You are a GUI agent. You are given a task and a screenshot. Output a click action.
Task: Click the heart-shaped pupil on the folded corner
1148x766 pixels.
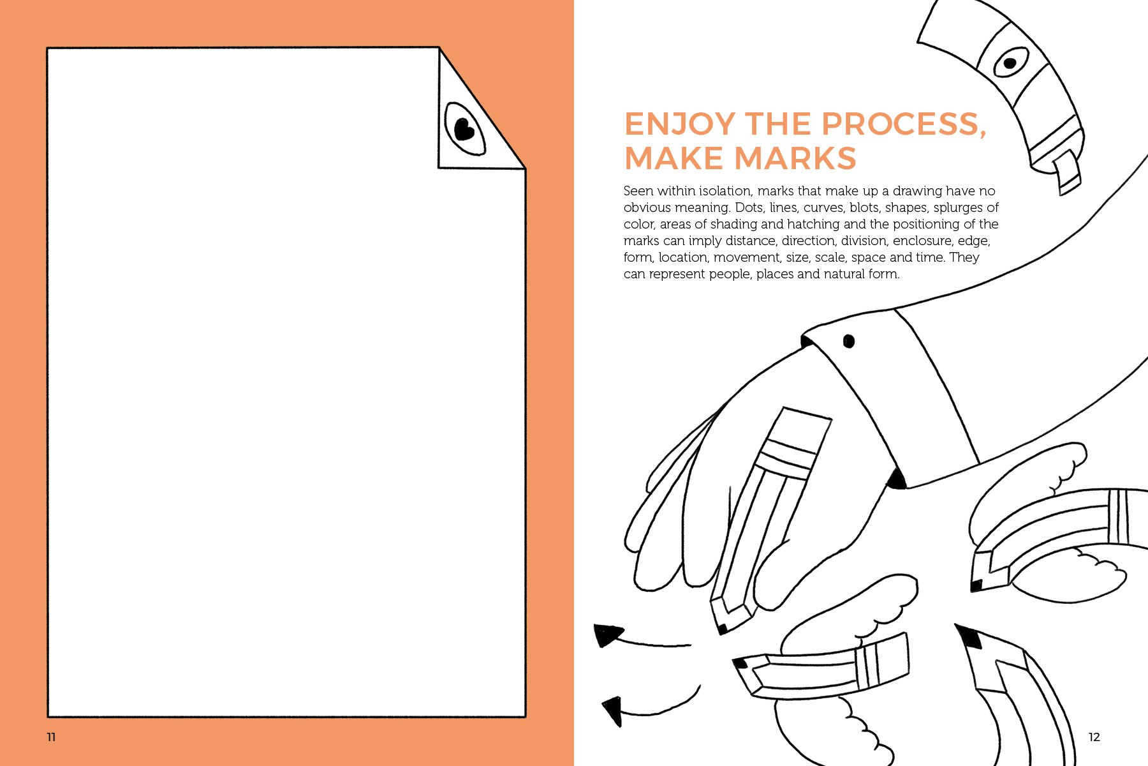pos(464,130)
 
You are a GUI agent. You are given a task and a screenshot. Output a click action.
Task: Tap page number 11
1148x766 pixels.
pos(52,737)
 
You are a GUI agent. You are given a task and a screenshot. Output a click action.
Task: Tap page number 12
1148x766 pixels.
pos(1094,737)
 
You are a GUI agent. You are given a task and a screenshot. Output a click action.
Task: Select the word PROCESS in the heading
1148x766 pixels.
pos(903,124)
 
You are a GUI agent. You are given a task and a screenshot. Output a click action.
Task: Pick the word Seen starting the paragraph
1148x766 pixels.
pos(638,191)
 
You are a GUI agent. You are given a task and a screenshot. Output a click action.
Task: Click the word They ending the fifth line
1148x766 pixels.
pos(964,257)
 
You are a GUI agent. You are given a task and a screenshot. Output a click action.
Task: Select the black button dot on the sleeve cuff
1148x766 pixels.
pos(849,341)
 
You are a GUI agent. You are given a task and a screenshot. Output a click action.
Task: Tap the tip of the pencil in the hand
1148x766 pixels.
pos(722,629)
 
